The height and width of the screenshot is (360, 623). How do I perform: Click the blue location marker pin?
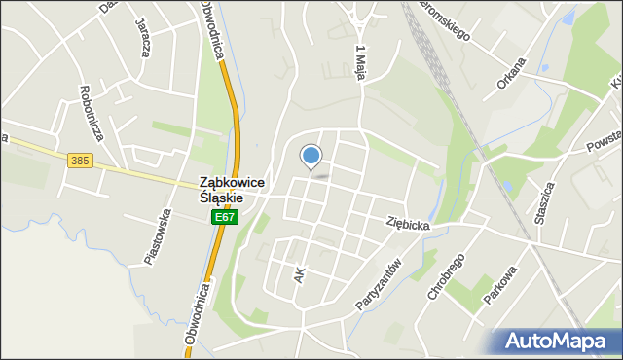point(311,156)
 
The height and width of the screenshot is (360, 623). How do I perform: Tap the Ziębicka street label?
point(407,223)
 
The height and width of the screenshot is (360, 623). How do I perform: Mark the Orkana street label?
point(510,74)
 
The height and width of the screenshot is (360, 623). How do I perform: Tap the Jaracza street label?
point(143,38)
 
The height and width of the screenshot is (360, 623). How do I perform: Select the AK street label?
point(299,276)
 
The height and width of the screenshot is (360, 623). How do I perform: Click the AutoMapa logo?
point(554,342)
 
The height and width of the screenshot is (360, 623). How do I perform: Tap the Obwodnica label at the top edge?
point(212,29)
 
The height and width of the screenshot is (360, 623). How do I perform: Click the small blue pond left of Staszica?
point(506,186)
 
